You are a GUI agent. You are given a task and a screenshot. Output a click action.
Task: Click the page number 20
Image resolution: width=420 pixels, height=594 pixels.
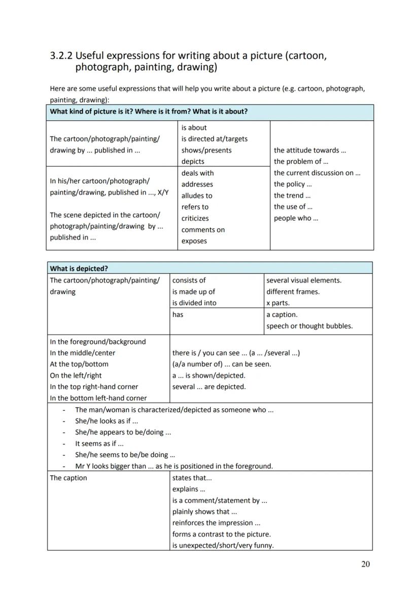(365, 564)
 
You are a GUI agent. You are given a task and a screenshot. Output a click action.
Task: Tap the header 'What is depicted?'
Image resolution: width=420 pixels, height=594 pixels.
(79, 268)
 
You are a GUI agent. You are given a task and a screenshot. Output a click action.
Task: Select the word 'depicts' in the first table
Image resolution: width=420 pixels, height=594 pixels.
(193, 161)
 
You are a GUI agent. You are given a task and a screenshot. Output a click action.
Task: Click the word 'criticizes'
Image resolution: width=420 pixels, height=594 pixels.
(195, 218)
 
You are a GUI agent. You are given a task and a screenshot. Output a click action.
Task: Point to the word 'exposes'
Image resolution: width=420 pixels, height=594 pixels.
(194, 241)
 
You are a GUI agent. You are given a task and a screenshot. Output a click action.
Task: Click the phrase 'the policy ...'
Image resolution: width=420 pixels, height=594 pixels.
(293, 184)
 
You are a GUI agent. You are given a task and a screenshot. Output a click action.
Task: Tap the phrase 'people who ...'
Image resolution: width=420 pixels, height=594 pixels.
(296, 218)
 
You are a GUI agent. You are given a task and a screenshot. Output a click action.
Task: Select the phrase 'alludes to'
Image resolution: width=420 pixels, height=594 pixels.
(197, 195)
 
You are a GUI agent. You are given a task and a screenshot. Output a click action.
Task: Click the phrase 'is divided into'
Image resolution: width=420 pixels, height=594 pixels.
(194, 303)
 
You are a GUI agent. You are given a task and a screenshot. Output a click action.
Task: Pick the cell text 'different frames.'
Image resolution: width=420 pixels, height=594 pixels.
(293, 292)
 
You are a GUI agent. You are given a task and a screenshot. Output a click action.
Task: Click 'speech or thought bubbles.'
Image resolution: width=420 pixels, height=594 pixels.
(309, 326)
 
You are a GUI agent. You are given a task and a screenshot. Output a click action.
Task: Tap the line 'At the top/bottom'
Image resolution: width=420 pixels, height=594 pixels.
(79, 364)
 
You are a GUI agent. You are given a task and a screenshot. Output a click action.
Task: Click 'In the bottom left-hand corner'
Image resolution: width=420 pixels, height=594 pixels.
(98, 398)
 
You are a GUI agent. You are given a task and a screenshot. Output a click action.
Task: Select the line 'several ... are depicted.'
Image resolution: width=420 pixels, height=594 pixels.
(208, 387)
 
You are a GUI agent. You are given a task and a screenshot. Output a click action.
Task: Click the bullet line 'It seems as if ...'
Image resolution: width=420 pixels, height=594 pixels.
(99, 443)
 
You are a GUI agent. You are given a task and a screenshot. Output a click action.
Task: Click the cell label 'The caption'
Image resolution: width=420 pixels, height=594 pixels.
(68, 478)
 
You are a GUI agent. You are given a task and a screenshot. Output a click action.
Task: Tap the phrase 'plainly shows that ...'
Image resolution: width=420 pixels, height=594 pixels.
(204, 511)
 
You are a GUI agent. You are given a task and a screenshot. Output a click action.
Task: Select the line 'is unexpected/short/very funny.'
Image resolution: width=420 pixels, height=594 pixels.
(223, 545)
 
